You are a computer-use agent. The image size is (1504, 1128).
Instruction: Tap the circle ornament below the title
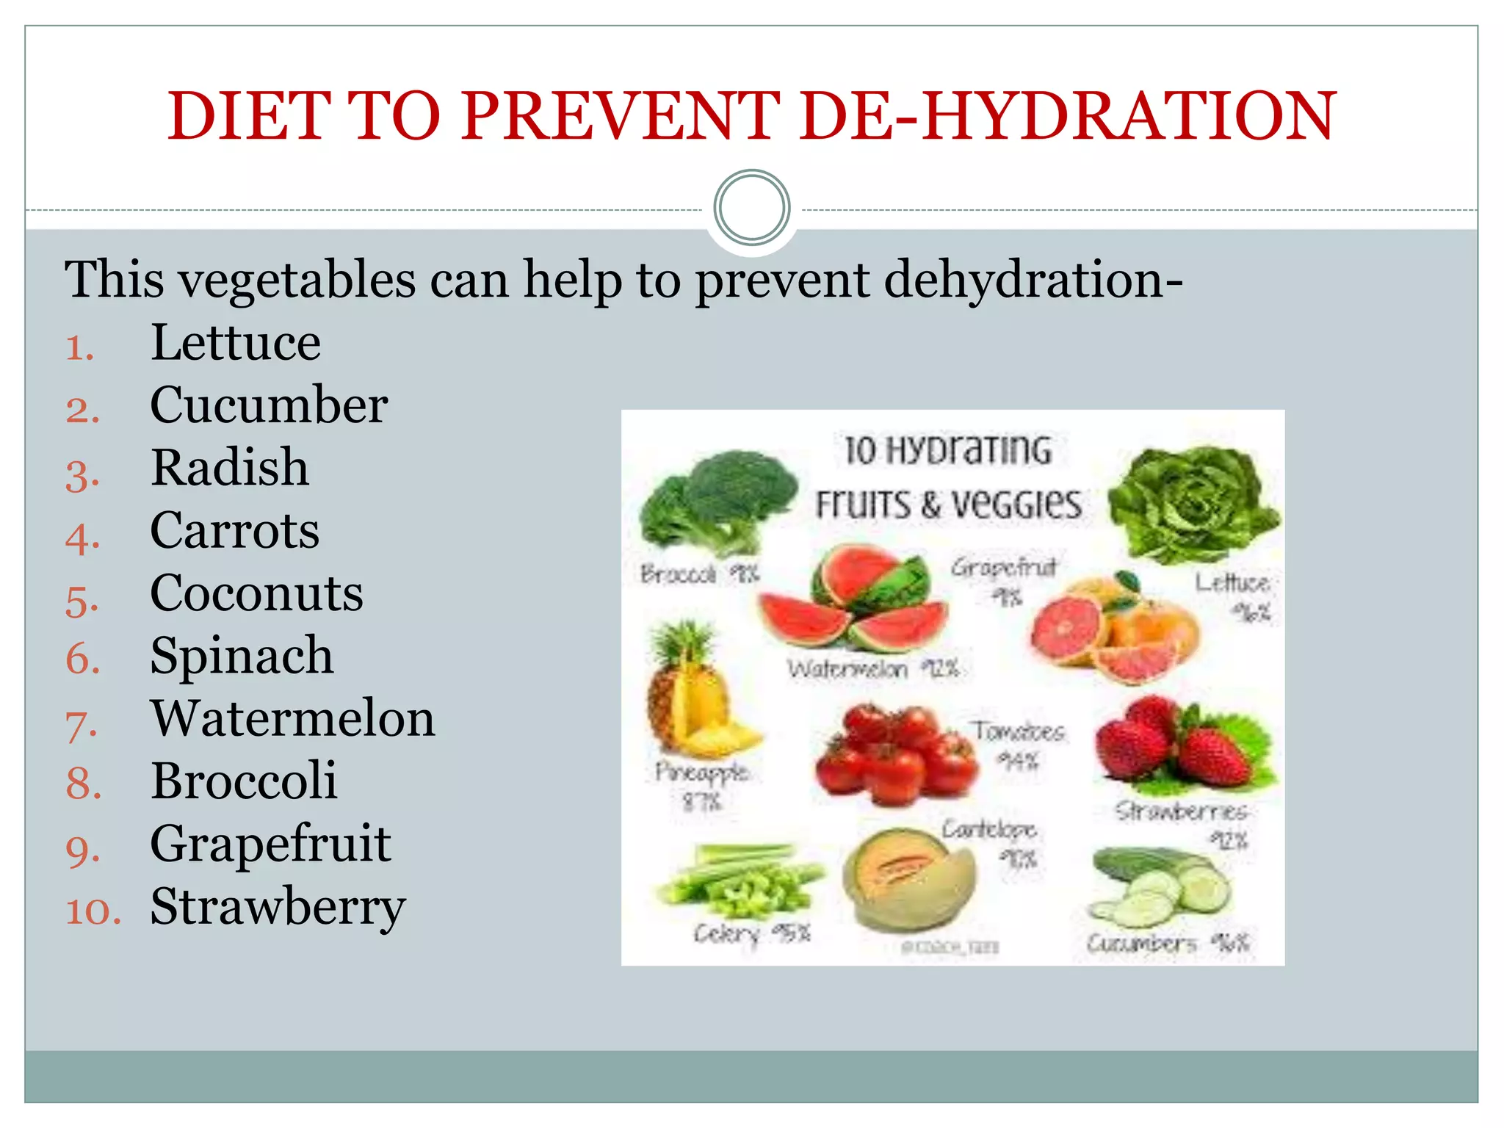click(x=751, y=208)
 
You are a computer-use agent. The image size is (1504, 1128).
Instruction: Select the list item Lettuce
click(x=235, y=343)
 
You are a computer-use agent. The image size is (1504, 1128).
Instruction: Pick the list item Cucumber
click(x=269, y=405)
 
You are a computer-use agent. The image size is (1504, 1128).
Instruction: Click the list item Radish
click(x=229, y=468)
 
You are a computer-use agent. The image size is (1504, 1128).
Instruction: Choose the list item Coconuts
click(x=256, y=593)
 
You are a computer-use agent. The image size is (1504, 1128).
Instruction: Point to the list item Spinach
click(x=242, y=656)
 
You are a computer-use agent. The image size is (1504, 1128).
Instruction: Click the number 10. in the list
click(x=93, y=911)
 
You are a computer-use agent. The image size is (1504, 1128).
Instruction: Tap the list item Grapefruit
click(x=270, y=844)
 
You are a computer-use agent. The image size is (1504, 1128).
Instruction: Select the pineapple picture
click(x=694, y=694)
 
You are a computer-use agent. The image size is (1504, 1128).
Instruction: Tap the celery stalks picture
click(x=738, y=881)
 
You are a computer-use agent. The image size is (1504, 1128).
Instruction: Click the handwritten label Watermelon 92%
click(x=872, y=669)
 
